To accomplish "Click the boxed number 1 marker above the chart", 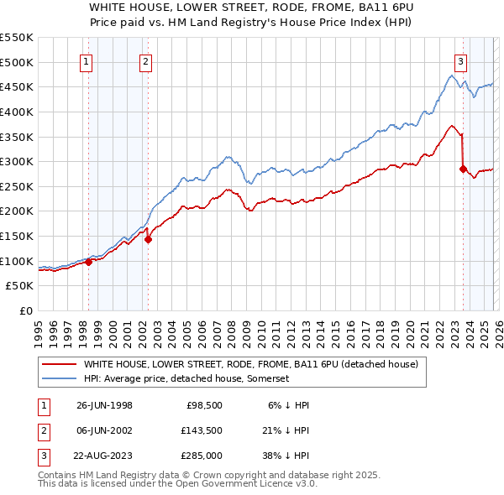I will pos(88,60).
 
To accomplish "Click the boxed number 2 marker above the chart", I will pos(145,60).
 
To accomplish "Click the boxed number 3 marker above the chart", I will pos(461,60).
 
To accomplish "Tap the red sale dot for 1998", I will pos(89,262).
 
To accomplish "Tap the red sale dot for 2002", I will pos(148,239).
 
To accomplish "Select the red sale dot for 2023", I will pos(463,169).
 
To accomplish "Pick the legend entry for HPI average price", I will pos(186,379).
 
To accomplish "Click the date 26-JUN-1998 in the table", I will pos(104,405).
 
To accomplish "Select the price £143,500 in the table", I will pos(202,430).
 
